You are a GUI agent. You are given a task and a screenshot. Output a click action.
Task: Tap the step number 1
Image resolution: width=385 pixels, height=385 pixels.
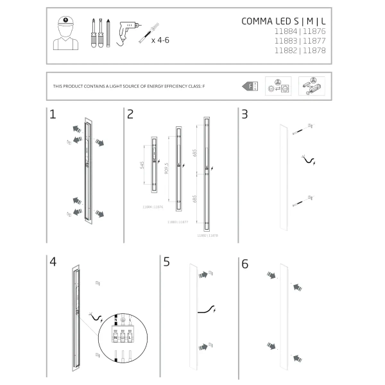click(53, 115)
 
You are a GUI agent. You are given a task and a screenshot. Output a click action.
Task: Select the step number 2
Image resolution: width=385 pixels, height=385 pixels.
click(130, 115)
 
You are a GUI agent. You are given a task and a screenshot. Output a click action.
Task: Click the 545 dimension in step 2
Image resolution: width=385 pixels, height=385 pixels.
click(142, 166)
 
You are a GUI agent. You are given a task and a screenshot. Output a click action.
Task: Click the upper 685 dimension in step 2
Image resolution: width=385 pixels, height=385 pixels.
click(194, 153)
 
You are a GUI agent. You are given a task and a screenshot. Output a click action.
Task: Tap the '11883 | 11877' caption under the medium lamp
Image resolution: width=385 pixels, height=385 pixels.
click(178, 221)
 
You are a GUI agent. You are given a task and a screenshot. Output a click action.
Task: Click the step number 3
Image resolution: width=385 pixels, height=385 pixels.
click(244, 115)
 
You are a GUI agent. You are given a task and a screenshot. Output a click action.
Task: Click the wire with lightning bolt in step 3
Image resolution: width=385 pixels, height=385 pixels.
click(309, 160)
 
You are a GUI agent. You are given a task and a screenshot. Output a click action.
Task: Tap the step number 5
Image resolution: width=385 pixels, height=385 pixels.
click(167, 262)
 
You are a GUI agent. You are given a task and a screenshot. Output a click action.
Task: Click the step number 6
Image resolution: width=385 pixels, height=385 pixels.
click(244, 263)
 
